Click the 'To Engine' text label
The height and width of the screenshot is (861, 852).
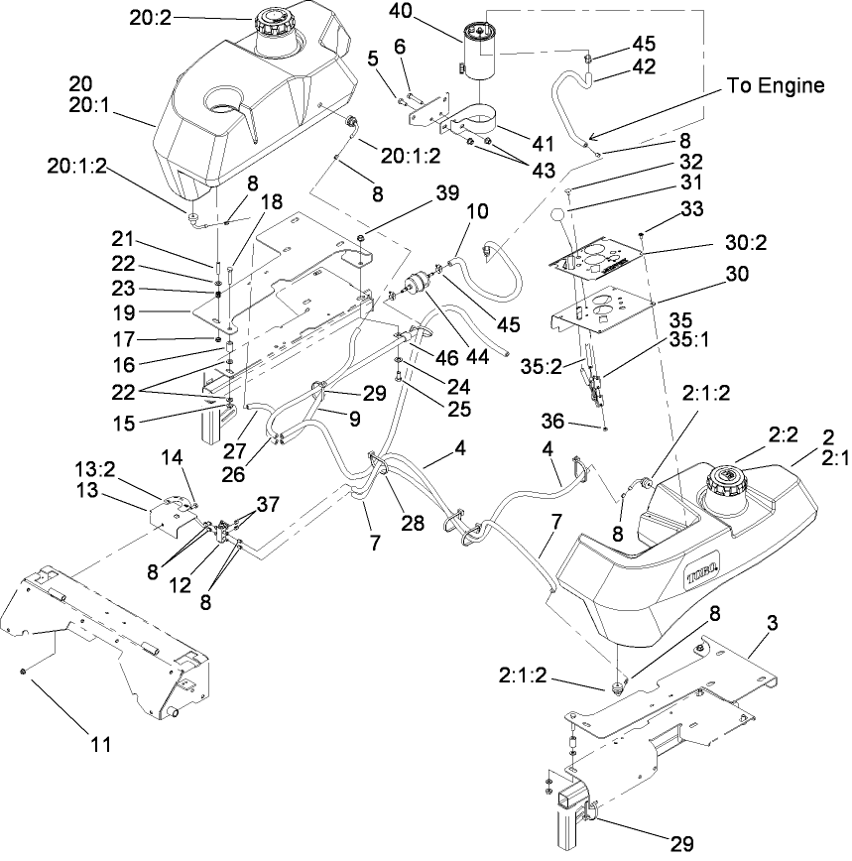[776, 85]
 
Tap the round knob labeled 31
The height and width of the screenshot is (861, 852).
[558, 216]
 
